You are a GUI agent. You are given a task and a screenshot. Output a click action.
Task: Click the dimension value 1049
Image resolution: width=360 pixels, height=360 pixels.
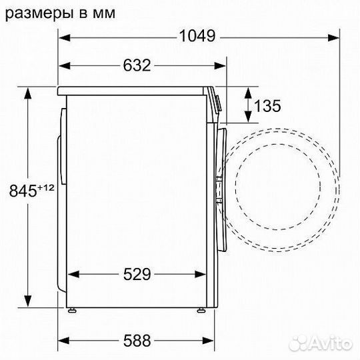point(197,36)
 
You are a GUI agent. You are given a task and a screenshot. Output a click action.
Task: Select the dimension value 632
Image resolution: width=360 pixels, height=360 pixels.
point(136,65)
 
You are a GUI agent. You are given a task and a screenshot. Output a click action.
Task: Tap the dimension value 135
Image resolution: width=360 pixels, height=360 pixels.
point(267,105)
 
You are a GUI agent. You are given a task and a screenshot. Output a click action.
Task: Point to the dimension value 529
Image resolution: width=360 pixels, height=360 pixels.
point(136,274)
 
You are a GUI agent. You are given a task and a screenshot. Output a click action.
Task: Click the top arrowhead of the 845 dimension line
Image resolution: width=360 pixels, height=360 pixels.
point(28,92)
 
